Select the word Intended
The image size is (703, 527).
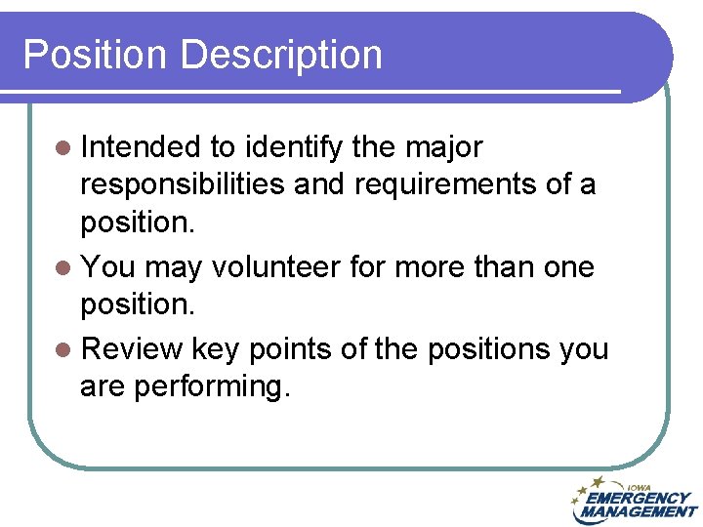(141, 147)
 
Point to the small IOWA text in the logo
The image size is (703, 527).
(641, 486)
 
